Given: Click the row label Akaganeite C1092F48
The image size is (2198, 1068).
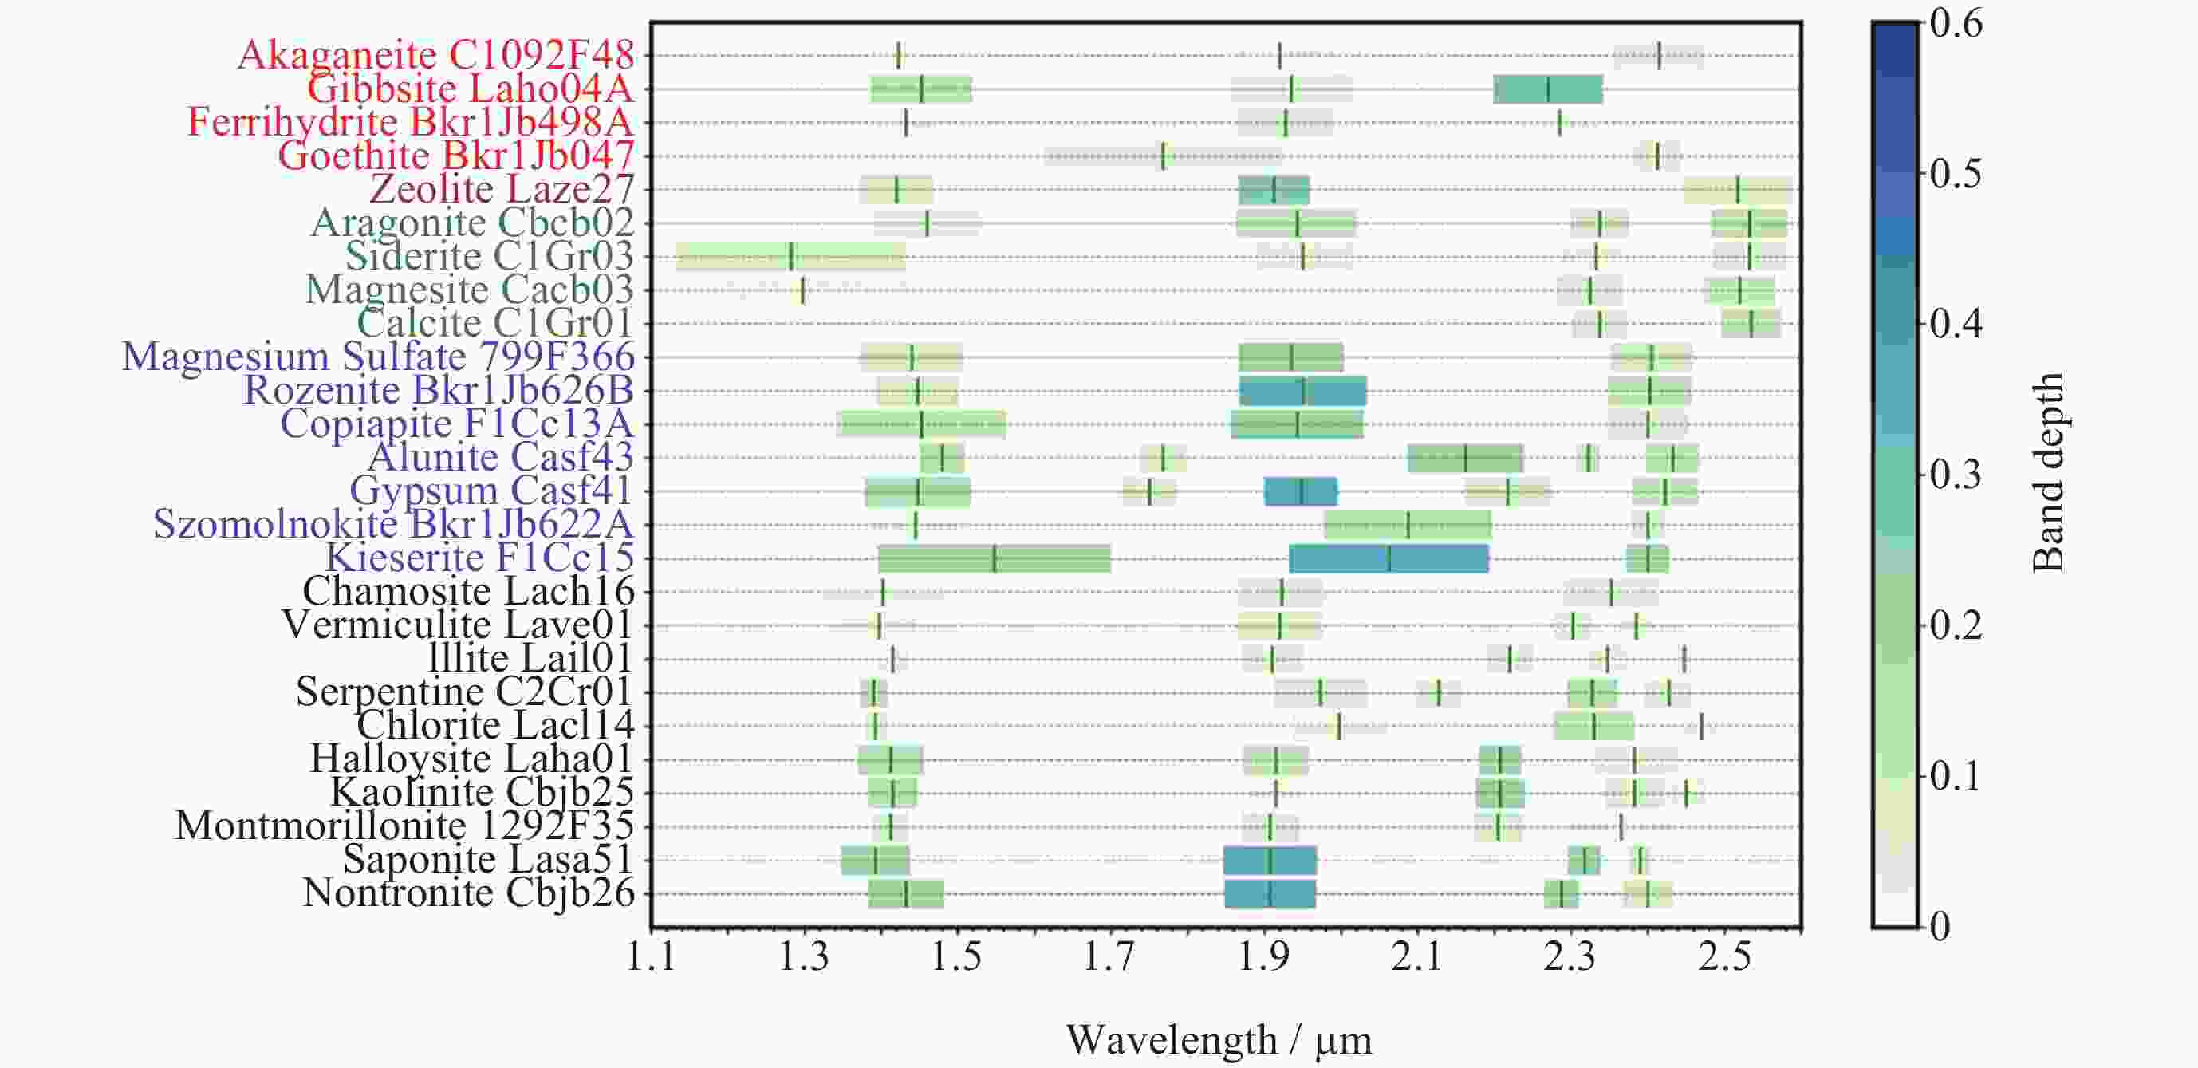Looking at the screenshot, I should [435, 56].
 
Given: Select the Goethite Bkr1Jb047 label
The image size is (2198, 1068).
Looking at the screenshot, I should [455, 156].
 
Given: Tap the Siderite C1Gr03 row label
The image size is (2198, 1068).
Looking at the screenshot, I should [489, 256].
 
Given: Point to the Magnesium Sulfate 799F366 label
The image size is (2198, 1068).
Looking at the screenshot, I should [378, 357].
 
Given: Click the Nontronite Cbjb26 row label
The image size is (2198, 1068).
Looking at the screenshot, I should [468, 893].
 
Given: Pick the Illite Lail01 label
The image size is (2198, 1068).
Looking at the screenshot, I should [530, 659].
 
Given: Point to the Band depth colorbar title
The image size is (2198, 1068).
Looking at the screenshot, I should [2049, 474].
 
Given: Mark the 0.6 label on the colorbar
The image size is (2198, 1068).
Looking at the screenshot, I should [1956, 25].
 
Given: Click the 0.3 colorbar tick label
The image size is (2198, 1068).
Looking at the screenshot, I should [1956, 475].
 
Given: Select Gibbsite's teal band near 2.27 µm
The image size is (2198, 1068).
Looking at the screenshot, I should [1548, 89].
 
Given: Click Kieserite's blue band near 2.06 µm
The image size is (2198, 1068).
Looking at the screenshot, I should [1389, 559].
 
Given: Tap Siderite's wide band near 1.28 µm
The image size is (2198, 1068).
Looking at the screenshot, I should [791, 257].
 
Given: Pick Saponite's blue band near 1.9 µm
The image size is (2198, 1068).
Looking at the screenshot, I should [1270, 861].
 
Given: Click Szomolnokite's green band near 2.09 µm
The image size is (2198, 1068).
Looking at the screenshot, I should [1408, 526].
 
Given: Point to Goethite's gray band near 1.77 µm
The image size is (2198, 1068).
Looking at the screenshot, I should [1162, 156].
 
